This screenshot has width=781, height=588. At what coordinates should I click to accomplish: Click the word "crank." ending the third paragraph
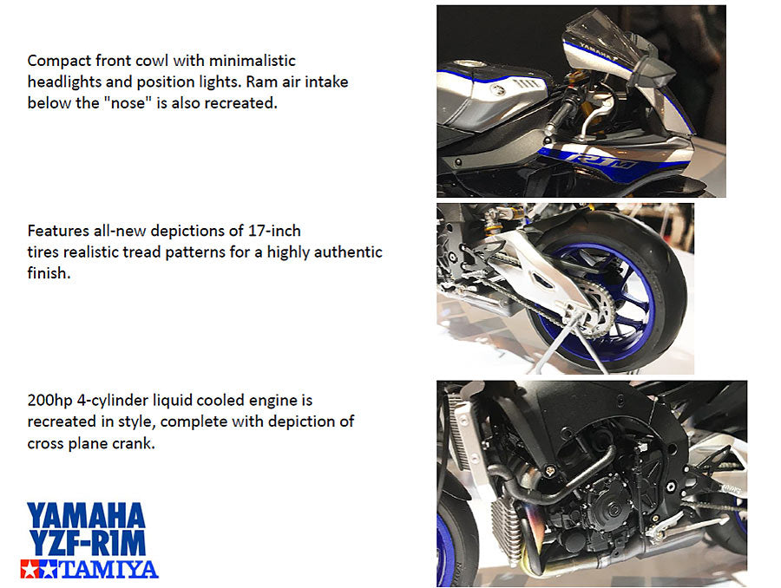[134, 443]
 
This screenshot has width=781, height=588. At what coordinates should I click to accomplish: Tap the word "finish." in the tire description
[49, 273]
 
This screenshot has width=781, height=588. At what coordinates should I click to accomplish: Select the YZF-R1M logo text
[88, 543]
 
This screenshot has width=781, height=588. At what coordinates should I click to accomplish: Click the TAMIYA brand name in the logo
[108, 569]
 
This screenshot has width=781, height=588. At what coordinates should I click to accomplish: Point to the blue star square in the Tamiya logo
[49, 569]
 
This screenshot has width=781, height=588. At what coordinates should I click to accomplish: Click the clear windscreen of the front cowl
[605, 35]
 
